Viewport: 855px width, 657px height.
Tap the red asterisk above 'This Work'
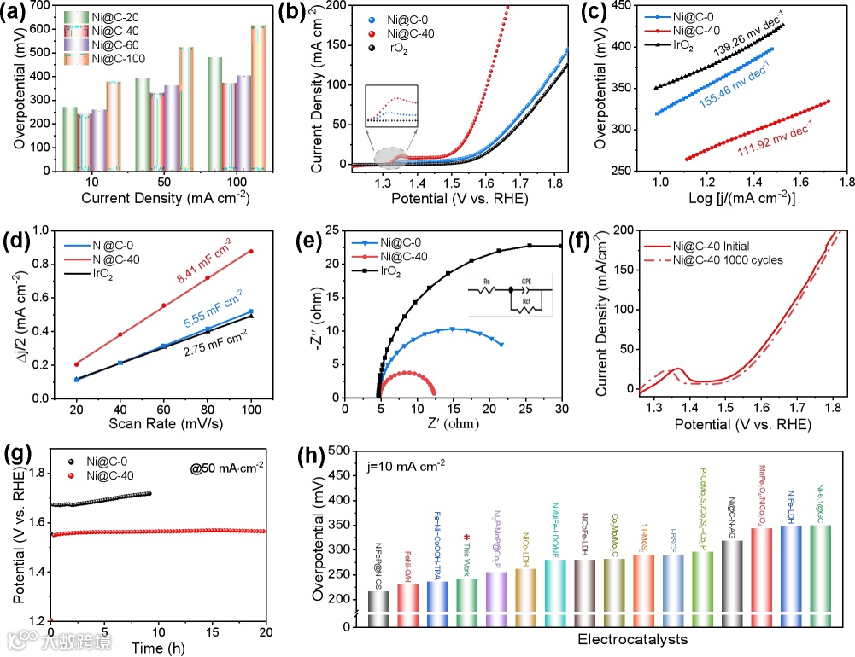pos(466,538)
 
